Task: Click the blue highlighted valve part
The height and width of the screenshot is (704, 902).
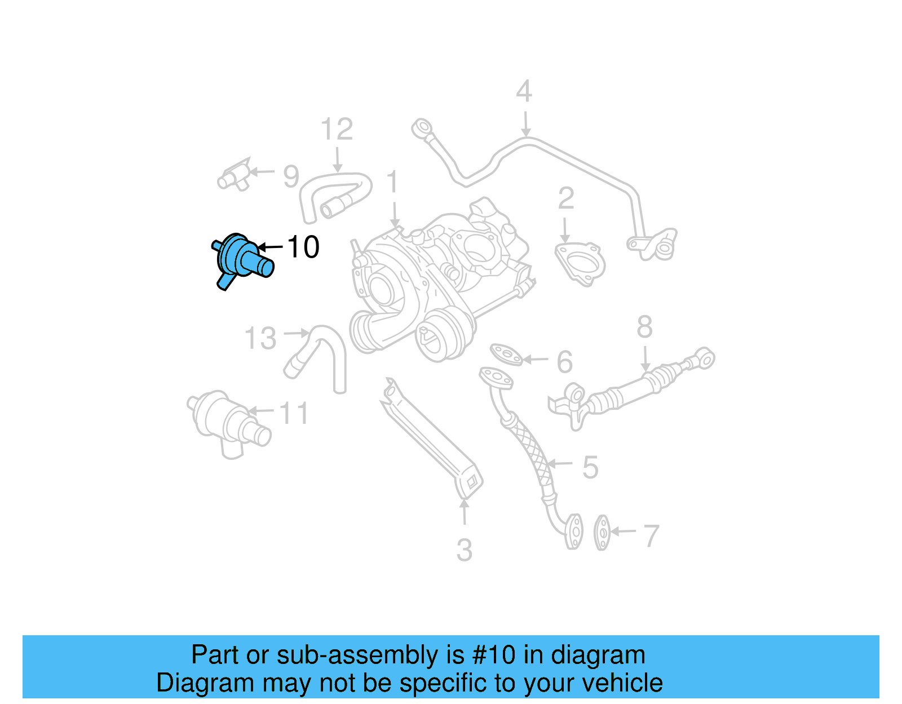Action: tap(241, 259)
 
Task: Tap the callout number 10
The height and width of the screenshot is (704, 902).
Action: tap(303, 247)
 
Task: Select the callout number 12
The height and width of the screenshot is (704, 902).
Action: tap(337, 130)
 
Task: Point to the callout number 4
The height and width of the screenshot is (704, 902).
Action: tap(524, 91)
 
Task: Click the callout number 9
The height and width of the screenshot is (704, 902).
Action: tap(291, 176)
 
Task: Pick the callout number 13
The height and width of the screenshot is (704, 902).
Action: tap(260, 339)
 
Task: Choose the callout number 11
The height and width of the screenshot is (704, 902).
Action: tap(294, 413)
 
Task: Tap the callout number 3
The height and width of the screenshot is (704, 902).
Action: tap(464, 550)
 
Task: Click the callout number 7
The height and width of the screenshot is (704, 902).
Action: tap(651, 535)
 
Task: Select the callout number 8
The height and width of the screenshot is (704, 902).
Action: tap(644, 327)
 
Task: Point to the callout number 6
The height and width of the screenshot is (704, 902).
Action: tap(564, 362)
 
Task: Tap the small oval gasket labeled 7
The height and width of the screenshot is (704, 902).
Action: tap(602, 532)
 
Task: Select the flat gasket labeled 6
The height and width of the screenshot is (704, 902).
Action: tap(506, 354)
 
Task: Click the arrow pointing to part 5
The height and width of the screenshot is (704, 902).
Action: tap(559, 464)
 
